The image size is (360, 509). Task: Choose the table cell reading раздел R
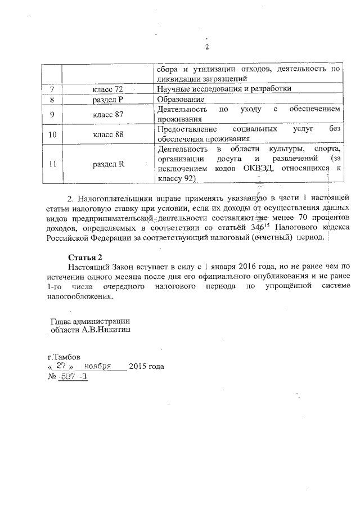(x=108, y=164)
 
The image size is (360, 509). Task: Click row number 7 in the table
(x=52, y=90)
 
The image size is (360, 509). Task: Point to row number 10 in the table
(x=52, y=135)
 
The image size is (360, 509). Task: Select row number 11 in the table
(x=52, y=164)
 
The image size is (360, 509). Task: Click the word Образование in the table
(x=180, y=100)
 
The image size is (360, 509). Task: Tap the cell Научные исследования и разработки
(x=224, y=90)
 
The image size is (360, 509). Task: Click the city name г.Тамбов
(x=64, y=357)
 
